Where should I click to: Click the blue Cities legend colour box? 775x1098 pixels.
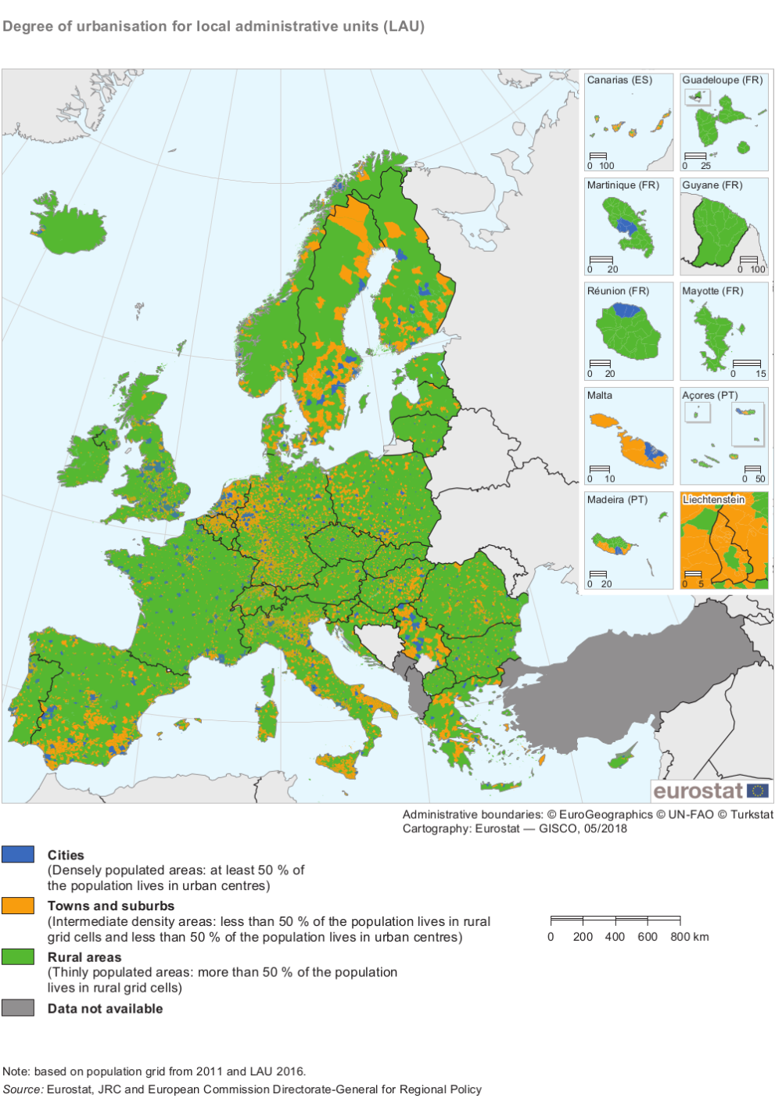tap(18, 854)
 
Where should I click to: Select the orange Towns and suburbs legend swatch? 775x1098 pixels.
tap(18, 905)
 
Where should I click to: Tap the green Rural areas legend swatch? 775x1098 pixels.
tap(18, 956)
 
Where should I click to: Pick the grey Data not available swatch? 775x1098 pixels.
tap(18, 1007)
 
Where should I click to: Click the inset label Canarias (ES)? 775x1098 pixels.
tap(619, 80)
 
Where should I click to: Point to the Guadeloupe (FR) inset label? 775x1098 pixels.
tap(722, 80)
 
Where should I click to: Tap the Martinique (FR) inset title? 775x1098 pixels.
tap(623, 185)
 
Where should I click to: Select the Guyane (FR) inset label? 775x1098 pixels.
tap(712, 185)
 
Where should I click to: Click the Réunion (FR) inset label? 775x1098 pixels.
tap(618, 291)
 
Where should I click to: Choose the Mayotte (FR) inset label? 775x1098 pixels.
tap(712, 291)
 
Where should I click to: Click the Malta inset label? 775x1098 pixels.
tap(600, 396)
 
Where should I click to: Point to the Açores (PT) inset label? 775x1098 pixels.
tap(709, 396)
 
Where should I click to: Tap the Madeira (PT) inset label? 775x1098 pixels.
tap(617, 500)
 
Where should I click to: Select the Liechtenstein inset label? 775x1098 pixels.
tap(713, 500)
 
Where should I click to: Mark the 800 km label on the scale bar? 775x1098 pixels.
tap(689, 937)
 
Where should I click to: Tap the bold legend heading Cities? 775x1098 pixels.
tap(66, 855)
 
